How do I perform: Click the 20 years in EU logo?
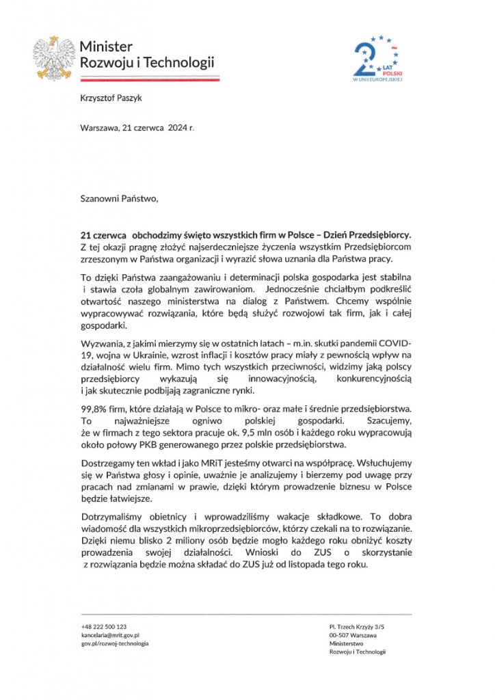click(x=377, y=59)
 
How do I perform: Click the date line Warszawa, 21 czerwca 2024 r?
click(x=137, y=128)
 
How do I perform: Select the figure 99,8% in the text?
click(x=93, y=409)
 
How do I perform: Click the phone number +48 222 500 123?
click(x=103, y=626)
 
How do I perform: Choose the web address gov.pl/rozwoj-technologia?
click(x=114, y=643)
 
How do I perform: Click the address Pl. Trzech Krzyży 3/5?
click(x=357, y=626)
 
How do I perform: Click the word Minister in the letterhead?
click(x=106, y=46)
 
